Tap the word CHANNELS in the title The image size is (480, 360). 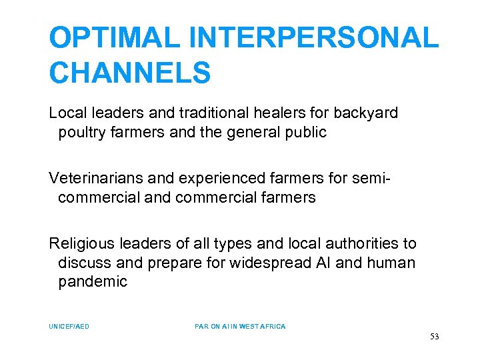tap(130, 73)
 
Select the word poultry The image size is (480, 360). tap(83, 132)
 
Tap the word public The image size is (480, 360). tap(305, 132)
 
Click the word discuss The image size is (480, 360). tap(83, 263)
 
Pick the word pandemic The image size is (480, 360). tap(93, 281)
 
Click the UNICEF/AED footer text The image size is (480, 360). tap(69, 327)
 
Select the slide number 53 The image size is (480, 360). tap(435, 337)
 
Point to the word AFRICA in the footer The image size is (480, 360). tap(271, 327)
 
